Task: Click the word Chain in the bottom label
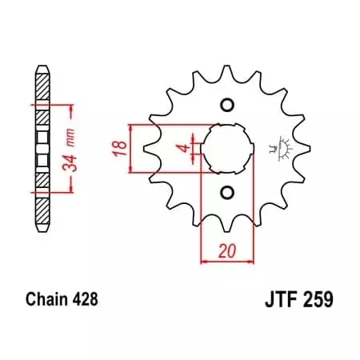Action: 39,301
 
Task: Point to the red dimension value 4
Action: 184,148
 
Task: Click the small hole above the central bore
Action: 227,106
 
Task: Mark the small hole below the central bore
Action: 227,191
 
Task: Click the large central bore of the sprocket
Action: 228,148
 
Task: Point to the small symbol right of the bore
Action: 281,147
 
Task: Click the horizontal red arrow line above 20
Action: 227,261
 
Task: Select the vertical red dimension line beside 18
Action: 131,148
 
